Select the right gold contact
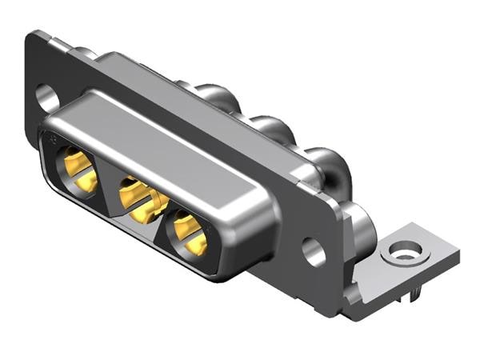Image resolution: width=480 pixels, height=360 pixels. click(189, 233)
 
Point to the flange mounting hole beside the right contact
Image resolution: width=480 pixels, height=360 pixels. click(314, 251)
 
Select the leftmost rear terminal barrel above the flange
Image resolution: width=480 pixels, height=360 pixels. click(210, 94)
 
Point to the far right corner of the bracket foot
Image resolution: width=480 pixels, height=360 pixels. click(458, 254)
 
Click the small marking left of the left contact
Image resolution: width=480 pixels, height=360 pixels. click(52, 140)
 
